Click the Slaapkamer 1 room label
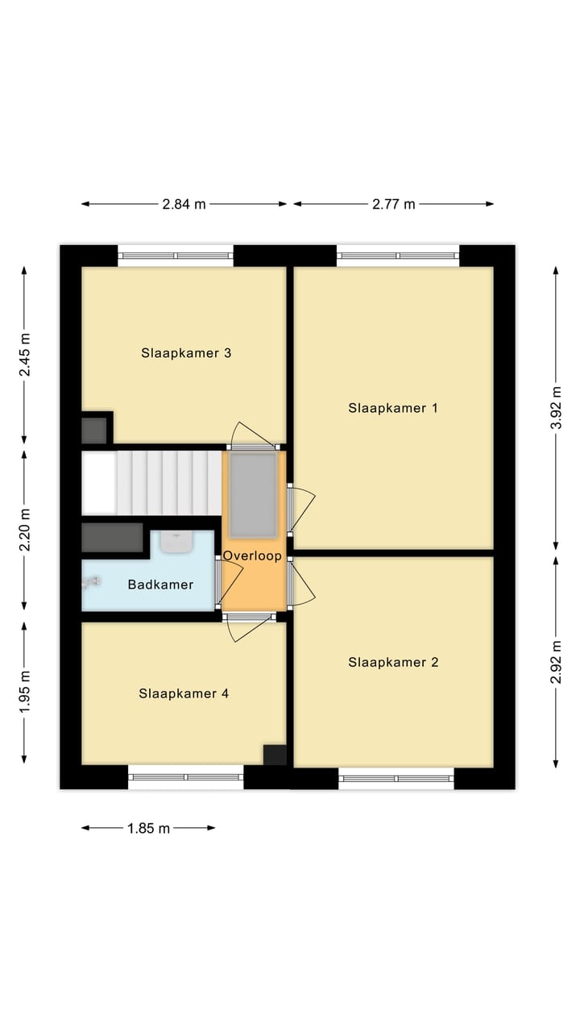[x=393, y=408]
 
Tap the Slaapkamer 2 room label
[x=393, y=663]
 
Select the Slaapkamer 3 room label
[x=186, y=353]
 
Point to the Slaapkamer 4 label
[x=184, y=693]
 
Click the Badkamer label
[x=160, y=585]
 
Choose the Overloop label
[x=252, y=556]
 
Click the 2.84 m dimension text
[x=184, y=204]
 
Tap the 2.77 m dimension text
[x=393, y=204]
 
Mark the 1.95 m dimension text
[x=25, y=691]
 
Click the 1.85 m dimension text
[x=148, y=828]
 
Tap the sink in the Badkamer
[x=176, y=542]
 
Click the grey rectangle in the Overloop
[x=253, y=494]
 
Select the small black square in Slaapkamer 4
[x=275, y=755]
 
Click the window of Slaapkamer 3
[x=176, y=256]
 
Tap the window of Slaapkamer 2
[x=396, y=779]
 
